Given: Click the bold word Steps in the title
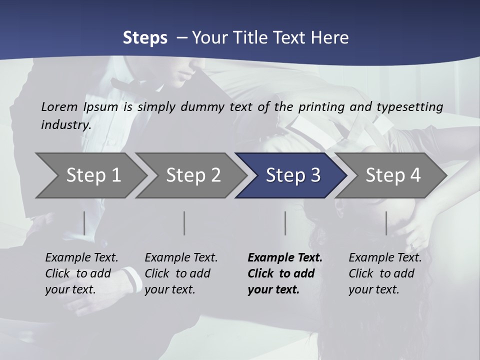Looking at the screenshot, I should coord(145,38).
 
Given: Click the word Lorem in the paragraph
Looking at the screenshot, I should coord(59,106).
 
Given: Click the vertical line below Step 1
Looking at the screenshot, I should coord(84,223).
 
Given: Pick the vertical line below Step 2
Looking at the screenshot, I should coord(184,223).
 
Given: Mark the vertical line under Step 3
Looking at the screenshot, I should coord(285,223).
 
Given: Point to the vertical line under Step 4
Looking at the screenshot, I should coord(386,223).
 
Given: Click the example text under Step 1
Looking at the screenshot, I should coord(81,273).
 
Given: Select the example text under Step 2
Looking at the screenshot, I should coord(181,273).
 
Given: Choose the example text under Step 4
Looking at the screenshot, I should coord(385,273).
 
